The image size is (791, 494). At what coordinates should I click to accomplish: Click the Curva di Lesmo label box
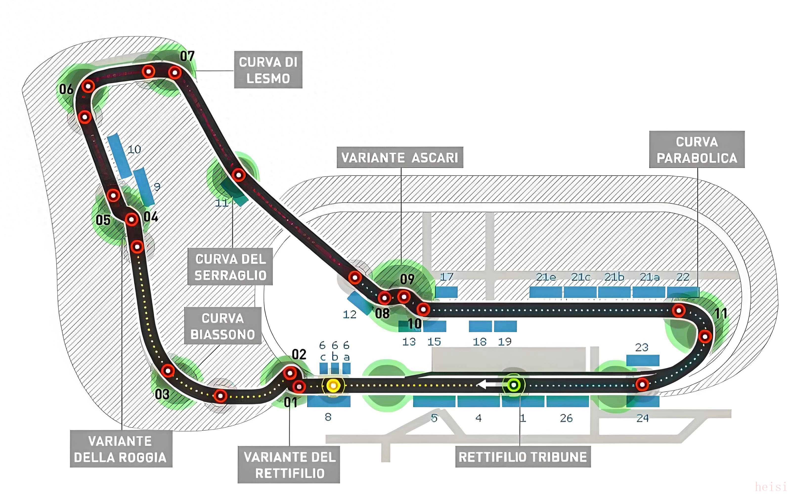[268, 70]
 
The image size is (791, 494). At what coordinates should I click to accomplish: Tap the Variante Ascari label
[400, 158]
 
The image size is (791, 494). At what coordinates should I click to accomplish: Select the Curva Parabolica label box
[697, 150]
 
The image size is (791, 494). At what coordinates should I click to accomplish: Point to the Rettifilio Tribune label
[523, 457]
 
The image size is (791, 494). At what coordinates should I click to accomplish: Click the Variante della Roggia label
[121, 449]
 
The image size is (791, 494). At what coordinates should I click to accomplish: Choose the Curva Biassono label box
[222, 326]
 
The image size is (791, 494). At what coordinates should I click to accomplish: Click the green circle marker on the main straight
[513, 385]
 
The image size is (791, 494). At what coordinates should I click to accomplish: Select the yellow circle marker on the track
[333, 386]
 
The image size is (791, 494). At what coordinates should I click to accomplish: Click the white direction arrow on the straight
[487, 385]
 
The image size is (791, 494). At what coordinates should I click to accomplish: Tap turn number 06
[66, 89]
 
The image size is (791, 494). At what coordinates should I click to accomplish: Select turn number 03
[162, 394]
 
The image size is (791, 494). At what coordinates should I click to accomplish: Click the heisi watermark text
[771, 486]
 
